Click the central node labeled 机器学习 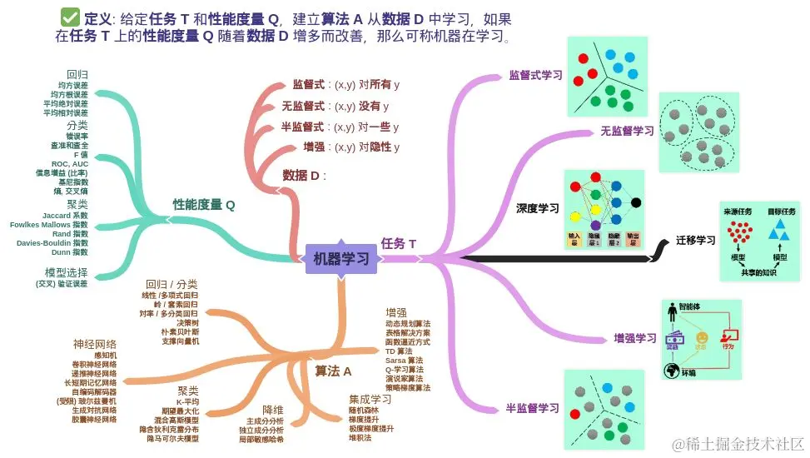click(341, 259)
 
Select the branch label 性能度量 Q click(203, 204)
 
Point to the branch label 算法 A click(333, 371)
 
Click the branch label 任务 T click(398, 244)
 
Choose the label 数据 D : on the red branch click(304, 176)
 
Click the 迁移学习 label click(695, 240)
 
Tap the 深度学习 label click(537, 208)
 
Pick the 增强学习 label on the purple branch click(635, 338)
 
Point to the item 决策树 click(187, 322)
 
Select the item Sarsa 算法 click(405, 360)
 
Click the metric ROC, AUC click(70, 163)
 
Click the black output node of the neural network click(636, 202)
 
